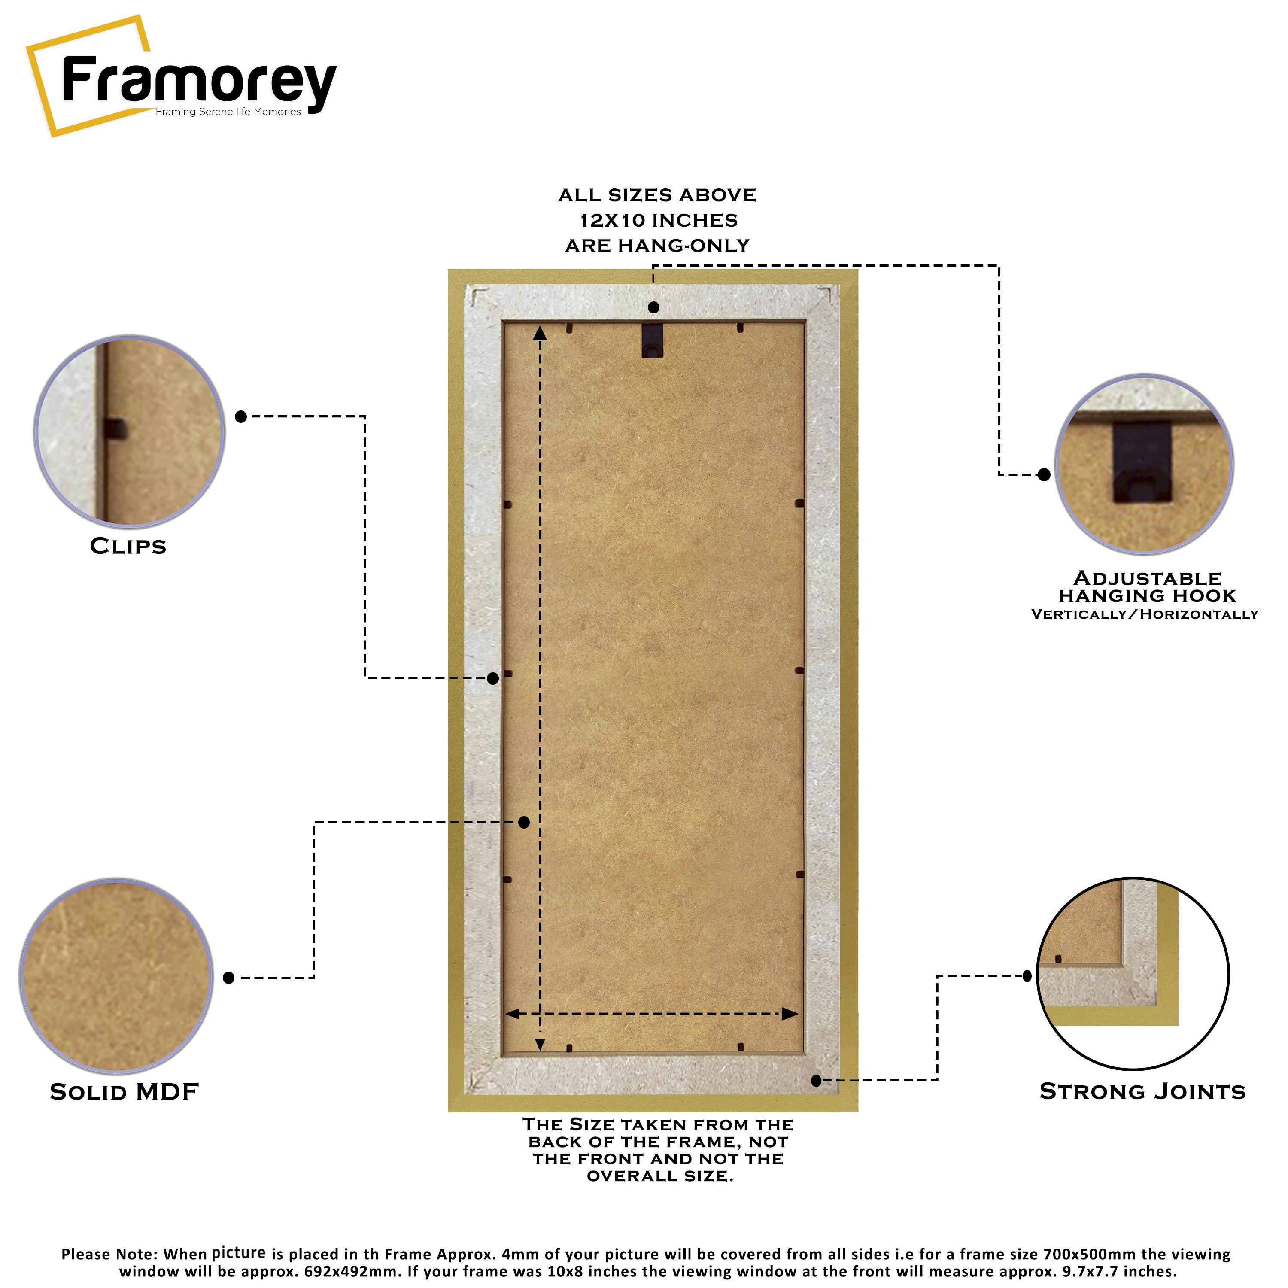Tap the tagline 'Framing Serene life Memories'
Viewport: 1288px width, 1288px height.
tap(228, 112)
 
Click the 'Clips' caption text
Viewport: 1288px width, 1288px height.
tap(128, 546)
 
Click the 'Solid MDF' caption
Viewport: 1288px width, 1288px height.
tap(125, 1091)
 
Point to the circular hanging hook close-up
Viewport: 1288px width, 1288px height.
tap(1144, 464)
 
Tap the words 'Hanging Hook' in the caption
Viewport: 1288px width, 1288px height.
tap(1147, 595)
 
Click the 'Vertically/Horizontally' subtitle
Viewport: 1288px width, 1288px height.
tap(1144, 614)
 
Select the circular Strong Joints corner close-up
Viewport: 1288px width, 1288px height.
tap(1133, 974)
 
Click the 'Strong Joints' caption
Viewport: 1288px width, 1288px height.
tap(1142, 1091)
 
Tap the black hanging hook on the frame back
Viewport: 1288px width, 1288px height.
tap(653, 340)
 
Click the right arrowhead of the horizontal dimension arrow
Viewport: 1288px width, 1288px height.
tap(790, 1014)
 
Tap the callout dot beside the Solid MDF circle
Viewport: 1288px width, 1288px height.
tap(229, 978)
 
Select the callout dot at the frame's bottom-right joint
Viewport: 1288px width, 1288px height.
tap(817, 1081)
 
